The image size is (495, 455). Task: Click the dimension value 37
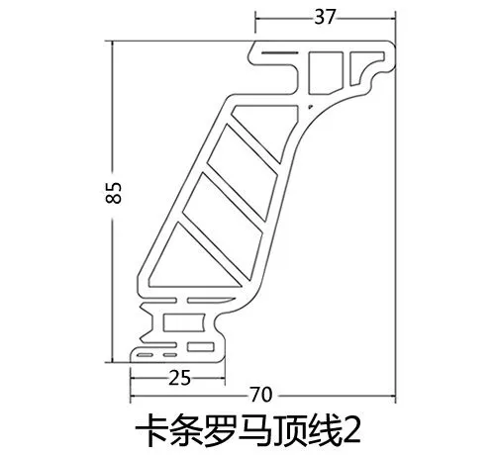[325, 17]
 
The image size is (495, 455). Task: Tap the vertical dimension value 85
[114, 193]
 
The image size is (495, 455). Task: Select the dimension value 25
[179, 378]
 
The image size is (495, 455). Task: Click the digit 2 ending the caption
[351, 431]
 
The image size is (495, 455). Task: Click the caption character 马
[255, 430]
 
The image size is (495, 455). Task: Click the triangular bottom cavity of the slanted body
[195, 260]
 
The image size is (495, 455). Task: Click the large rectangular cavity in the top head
[326, 73]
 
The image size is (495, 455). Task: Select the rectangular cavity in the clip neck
[183, 322]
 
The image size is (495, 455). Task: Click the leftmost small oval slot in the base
[145, 355]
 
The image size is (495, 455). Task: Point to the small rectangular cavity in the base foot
[201, 347]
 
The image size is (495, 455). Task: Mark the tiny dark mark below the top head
[310, 107]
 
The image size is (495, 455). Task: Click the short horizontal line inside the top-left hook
[276, 52]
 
